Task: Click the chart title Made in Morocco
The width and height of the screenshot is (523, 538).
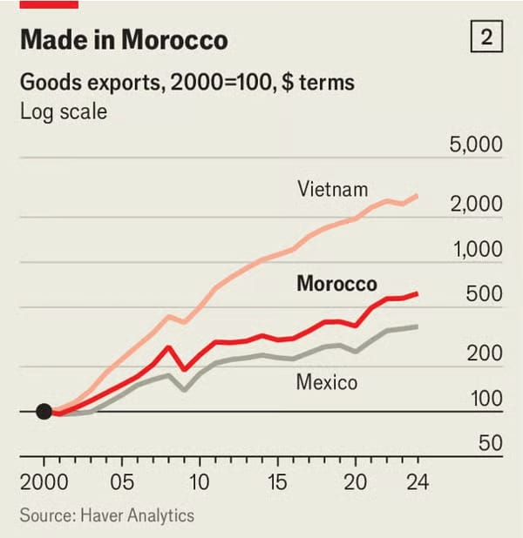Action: (123, 40)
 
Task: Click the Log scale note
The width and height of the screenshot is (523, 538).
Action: (64, 112)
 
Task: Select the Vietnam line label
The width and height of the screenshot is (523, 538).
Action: (332, 188)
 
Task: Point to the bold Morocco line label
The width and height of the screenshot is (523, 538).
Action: (336, 284)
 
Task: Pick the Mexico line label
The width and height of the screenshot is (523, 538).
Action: (326, 381)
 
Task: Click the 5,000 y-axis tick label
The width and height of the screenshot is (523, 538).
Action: (475, 144)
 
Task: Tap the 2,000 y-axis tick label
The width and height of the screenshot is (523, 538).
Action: (475, 204)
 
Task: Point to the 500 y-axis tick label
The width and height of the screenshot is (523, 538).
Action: (484, 293)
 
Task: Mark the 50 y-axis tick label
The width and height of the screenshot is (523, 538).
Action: (490, 443)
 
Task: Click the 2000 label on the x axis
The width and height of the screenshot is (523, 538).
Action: (44, 481)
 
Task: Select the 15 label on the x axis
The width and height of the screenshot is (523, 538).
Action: (277, 481)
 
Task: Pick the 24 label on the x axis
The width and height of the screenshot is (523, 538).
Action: (417, 481)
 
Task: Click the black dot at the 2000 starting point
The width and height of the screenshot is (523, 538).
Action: (44, 412)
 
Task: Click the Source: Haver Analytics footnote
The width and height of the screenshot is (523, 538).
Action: (106, 515)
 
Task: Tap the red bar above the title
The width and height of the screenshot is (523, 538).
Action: (49, 4)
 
